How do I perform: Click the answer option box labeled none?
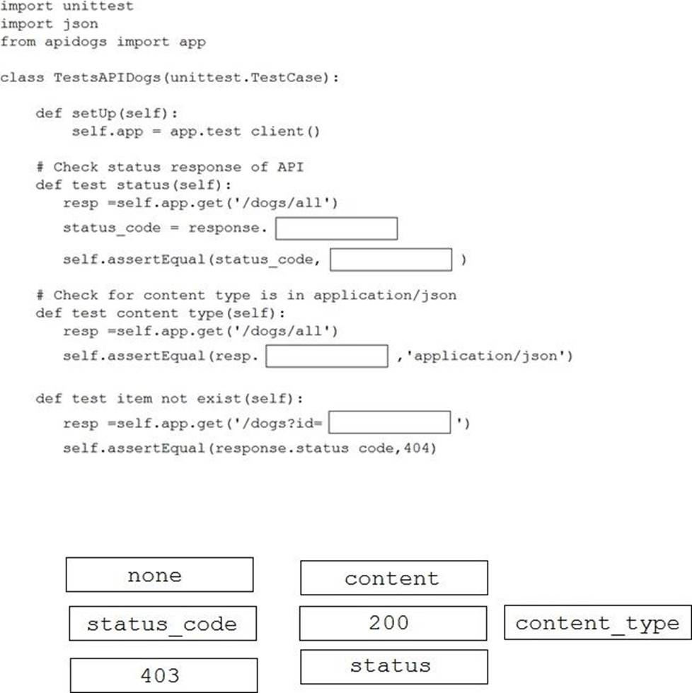tap(160, 574)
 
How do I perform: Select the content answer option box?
tap(394, 578)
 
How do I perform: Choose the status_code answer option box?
tap(163, 623)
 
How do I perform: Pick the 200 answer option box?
tap(393, 623)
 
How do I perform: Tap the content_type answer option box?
tap(598, 622)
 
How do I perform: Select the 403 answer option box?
tap(163, 675)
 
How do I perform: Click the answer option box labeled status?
tap(394, 667)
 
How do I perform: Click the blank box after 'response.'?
tap(337, 228)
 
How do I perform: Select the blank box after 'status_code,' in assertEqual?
tap(391, 260)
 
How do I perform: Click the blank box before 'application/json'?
tap(327, 356)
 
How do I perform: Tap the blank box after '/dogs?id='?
tap(390, 423)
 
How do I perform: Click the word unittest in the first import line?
tap(98, 6)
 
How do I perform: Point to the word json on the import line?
tap(80, 24)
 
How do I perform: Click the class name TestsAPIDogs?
tap(107, 77)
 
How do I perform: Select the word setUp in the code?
tap(93, 114)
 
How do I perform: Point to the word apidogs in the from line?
tap(76, 42)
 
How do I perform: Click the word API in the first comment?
tap(291, 167)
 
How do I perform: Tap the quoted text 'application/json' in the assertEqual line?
tap(485, 356)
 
